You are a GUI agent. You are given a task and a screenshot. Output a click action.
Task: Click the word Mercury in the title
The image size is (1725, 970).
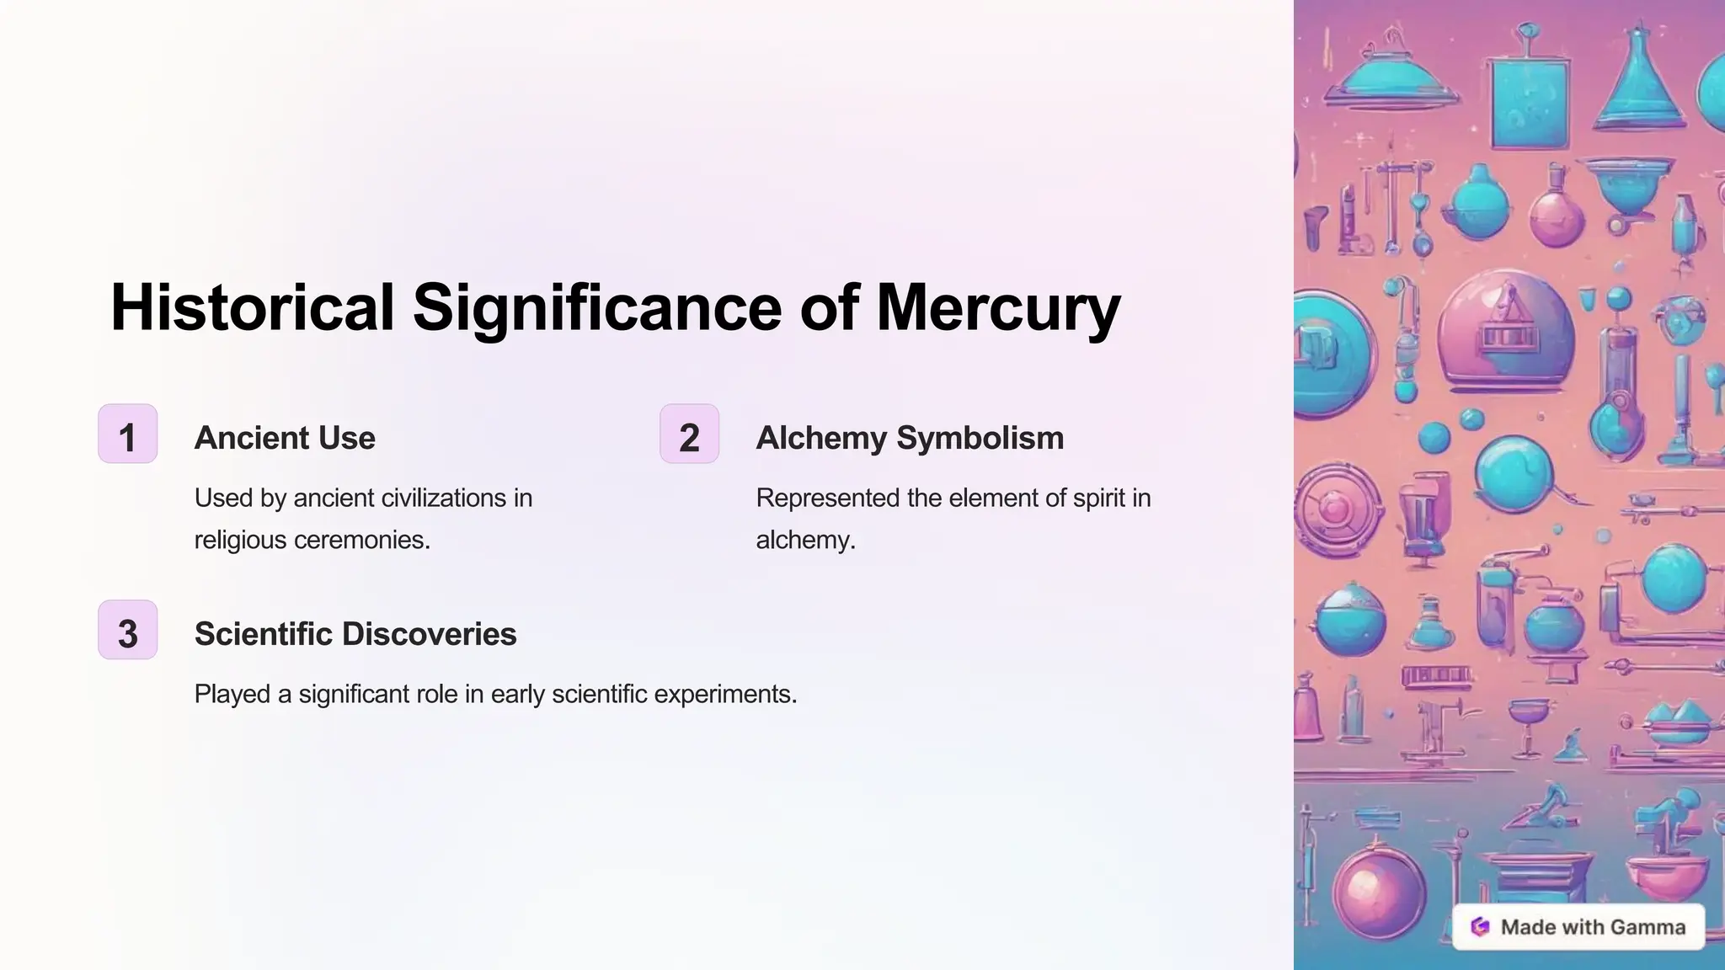point(998,307)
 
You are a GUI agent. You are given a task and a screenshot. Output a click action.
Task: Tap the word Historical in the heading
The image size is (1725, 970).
point(252,307)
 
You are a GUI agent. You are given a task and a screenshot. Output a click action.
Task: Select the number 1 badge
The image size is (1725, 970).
point(128,434)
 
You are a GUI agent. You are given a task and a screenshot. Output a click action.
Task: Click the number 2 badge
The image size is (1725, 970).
point(689,434)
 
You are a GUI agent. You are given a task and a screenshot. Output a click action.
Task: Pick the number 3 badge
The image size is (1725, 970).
point(128,631)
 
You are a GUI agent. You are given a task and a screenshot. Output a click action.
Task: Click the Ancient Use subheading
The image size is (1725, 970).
point(285,438)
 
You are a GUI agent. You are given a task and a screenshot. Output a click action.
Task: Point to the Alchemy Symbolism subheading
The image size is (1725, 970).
point(910,438)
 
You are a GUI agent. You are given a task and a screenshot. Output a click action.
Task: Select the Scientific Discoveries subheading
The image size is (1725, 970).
point(355,634)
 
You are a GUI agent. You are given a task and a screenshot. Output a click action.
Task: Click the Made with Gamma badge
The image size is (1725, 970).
point(1578,927)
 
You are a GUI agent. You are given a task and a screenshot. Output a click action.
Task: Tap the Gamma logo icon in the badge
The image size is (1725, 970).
point(1480,927)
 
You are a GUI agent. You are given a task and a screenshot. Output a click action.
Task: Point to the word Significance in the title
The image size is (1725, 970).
point(597,307)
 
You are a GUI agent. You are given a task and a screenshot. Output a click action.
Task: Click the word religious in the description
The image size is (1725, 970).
point(240,540)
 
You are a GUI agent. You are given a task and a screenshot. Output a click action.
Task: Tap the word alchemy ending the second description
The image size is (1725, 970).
point(804,540)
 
